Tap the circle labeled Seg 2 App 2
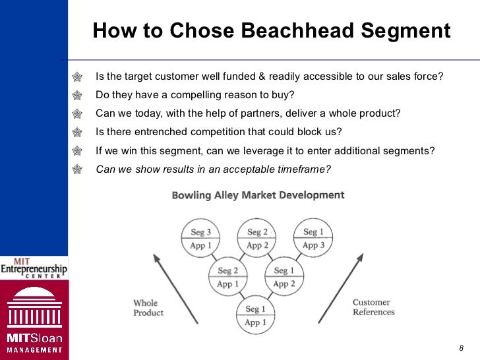click(x=257, y=239)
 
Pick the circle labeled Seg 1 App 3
click(x=314, y=239)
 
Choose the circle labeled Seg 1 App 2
click(x=284, y=277)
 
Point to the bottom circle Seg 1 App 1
click(x=255, y=316)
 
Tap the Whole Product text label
click(x=148, y=308)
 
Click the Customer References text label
click(x=373, y=307)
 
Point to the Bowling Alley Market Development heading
click(x=258, y=195)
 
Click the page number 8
click(x=461, y=348)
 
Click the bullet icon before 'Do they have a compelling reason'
click(x=79, y=94)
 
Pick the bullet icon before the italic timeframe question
click(x=79, y=169)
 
